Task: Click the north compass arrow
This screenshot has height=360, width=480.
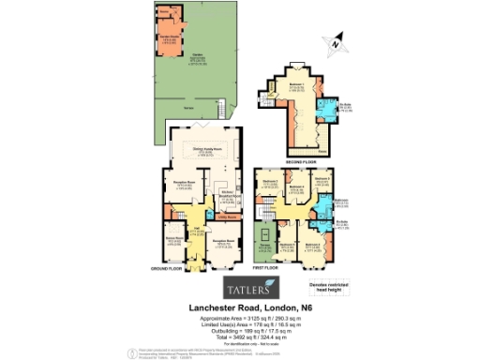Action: pyautogui.click(x=336, y=42)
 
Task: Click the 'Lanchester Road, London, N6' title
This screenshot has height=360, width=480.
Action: pyautogui.click(x=239, y=307)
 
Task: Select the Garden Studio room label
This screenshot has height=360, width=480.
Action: pyautogui.click(x=169, y=38)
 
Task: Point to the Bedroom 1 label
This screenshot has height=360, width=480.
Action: pyautogui.click(x=296, y=86)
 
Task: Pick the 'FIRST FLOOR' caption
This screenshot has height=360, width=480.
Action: pyautogui.click(x=265, y=268)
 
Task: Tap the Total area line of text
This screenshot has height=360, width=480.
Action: pyautogui.click(x=239, y=336)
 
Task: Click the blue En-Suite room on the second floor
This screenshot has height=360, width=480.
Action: pyautogui.click(x=331, y=109)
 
